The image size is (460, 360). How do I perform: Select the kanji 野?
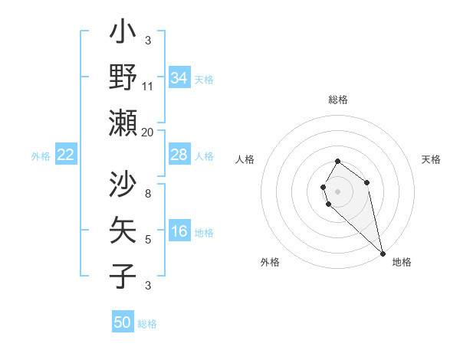(x=123, y=77)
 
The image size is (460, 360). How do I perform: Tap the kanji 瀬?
(x=123, y=123)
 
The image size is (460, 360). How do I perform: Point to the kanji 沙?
(x=123, y=185)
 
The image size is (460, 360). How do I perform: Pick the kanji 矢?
(x=123, y=231)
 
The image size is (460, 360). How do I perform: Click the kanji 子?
(x=123, y=276)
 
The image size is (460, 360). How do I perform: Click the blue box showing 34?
(x=179, y=77)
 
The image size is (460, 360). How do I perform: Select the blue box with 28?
(x=179, y=155)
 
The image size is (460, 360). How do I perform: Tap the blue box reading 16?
(x=179, y=231)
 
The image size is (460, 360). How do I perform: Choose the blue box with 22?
(x=66, y=155)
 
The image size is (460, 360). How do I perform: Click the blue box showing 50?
(x=123, y=322)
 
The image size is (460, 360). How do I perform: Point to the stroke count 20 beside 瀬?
(x=148, y=132)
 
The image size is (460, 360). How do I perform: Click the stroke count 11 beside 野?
(x=148, y=87)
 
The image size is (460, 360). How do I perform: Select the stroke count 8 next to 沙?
(x=148, y=195)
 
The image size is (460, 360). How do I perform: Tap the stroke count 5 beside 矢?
(x=148, y=240)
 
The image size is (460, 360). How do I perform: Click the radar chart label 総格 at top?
(x=338, y=100)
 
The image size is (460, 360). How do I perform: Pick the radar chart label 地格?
(x=402, y=262)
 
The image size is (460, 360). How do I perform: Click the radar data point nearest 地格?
(x=383, y=253)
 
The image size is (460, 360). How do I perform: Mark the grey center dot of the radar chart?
(x=338, y=191)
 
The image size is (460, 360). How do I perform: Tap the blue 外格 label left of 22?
(x=41, y=156)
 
